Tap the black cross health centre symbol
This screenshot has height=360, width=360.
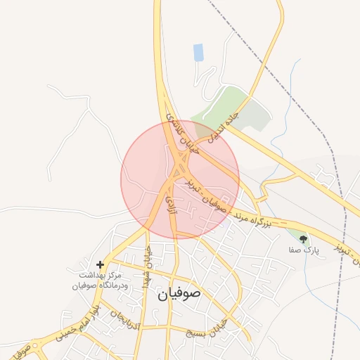[x=101, y=265]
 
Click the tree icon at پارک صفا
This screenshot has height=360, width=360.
[x=303, y=240]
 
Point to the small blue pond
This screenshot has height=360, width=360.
[x=198, y=52]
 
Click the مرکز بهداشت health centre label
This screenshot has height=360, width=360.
[x=93, y=281]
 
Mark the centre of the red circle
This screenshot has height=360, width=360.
[x=180, y=180]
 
